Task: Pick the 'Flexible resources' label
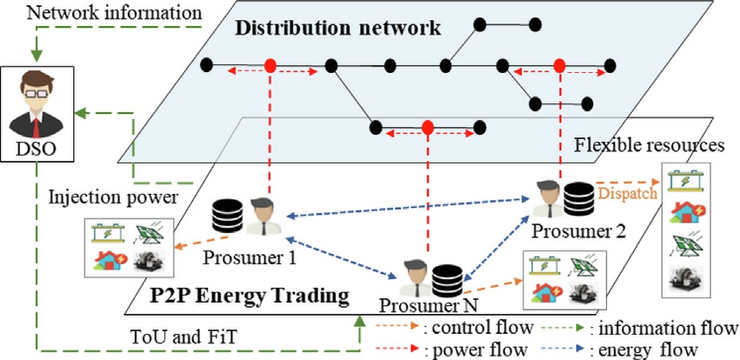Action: tap(653, 143)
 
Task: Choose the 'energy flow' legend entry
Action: tap(647, 350)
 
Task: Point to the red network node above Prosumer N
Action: tap(427, 127)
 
